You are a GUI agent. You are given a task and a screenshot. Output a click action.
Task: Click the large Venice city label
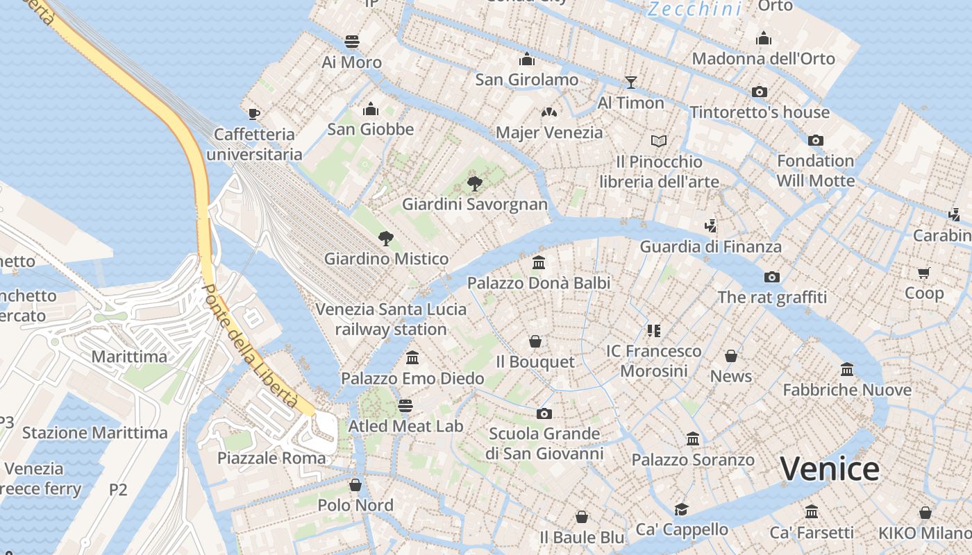(830, 469)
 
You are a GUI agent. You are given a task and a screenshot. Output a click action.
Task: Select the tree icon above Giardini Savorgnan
(475, 184)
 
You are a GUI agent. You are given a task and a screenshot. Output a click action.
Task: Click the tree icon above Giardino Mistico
(386, 239)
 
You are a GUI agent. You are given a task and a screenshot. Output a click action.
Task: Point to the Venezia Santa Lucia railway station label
(391, 319)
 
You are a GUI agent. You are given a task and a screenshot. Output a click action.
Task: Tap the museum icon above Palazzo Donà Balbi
(539, 262)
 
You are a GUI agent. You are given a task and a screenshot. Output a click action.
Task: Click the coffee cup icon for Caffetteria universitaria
(254, 114)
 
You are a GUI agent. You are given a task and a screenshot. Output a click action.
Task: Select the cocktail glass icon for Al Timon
(630, 83)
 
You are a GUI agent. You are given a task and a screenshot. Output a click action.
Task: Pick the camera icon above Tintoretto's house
(760, 92)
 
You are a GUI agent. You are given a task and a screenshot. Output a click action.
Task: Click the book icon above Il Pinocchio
(659, 142)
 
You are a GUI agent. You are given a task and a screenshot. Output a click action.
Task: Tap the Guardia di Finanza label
(710, 246)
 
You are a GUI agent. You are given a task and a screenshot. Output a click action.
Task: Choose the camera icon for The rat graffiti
(771, 277)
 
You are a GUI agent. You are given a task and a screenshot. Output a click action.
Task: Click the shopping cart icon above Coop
(923, 273)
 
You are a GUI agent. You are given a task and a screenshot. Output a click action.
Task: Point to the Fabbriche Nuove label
(847, 390)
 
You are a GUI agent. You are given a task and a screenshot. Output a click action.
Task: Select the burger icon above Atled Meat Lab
(405, 405)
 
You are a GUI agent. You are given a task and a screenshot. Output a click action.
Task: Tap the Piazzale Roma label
(271, 458)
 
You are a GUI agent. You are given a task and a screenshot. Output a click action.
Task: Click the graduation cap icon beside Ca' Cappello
(681, 509)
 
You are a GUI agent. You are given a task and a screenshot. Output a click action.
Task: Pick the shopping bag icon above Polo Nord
(355, 484)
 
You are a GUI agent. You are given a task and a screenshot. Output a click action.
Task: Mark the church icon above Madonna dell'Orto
(764, 38)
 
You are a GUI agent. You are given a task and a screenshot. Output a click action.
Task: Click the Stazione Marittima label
(95, 433)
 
